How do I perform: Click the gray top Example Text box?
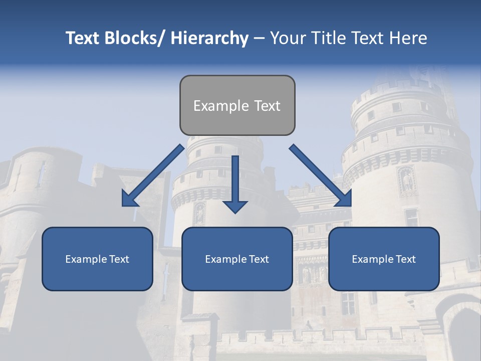point(237,105)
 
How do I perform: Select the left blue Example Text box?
point(97,259)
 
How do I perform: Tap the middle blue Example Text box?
point(237,259)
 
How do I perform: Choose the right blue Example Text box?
point(384,259)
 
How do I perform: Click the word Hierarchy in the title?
point(209,39)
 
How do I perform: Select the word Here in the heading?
point(408,39)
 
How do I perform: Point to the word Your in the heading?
point(288,39)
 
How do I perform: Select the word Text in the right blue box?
point(406,259)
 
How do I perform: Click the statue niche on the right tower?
point(406,181)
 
